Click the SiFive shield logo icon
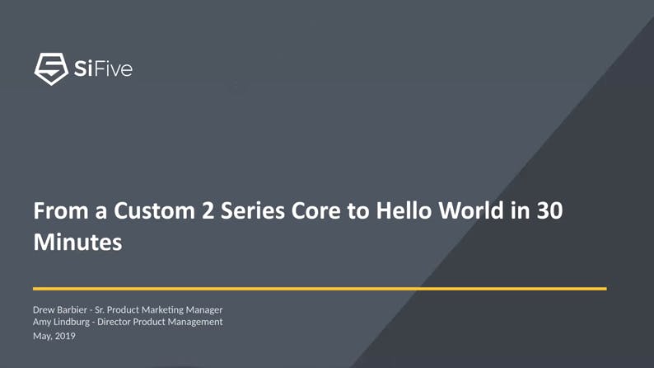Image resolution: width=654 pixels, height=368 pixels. point(50,68)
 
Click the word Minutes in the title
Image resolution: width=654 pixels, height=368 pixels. point(77,243)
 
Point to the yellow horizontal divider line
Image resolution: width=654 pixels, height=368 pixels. point(320,289)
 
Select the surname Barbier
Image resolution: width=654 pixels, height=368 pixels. point(74,309)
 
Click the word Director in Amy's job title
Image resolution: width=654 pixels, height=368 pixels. point(116,322)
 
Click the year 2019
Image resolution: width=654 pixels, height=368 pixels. point(65,336)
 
